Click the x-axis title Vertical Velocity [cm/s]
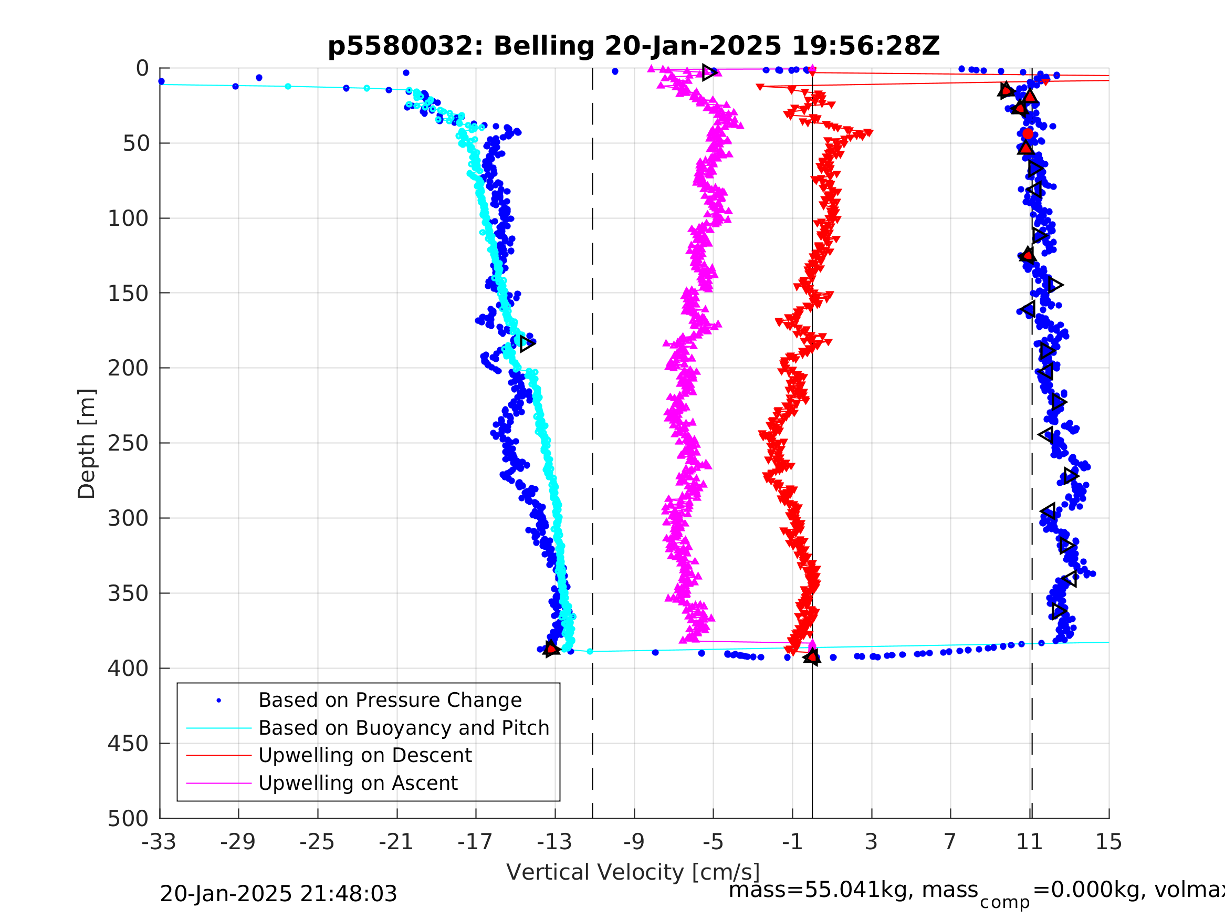pos(633,872)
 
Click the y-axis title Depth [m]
pos(87,443)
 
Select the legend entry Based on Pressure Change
pos(390,700)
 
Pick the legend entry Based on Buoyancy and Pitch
pos(404,728)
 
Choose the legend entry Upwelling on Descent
pos(365,755)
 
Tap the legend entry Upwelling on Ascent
pos(358,783)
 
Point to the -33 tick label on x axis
pos(159,842)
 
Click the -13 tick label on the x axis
pos(554,842)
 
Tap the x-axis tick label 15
pos(1109,842)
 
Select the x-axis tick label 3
pos(871,842)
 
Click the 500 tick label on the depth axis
pos(128,818)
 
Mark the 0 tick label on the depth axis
pos(142,69)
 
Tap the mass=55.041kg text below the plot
pos(853,890)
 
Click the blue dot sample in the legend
pos(219,701)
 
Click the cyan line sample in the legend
pos(219,728)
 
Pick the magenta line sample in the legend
pos(219,784)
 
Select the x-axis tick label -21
pos(396,842)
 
